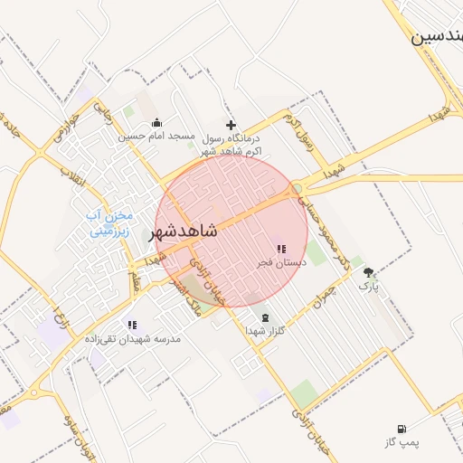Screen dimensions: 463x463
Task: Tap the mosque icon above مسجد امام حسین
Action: coord(157,123)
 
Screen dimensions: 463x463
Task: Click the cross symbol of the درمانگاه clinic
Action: coord(231,125)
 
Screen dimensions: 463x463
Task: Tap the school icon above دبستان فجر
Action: coord(280,249)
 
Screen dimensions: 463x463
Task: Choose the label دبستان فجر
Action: coord(280,261)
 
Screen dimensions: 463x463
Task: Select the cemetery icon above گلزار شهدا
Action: coord(265,317)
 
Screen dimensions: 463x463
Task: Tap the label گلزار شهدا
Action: coord(266,331)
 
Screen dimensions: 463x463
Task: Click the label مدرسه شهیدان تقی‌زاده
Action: coord(142,338)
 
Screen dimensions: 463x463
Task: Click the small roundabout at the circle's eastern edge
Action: coord(298,188)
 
